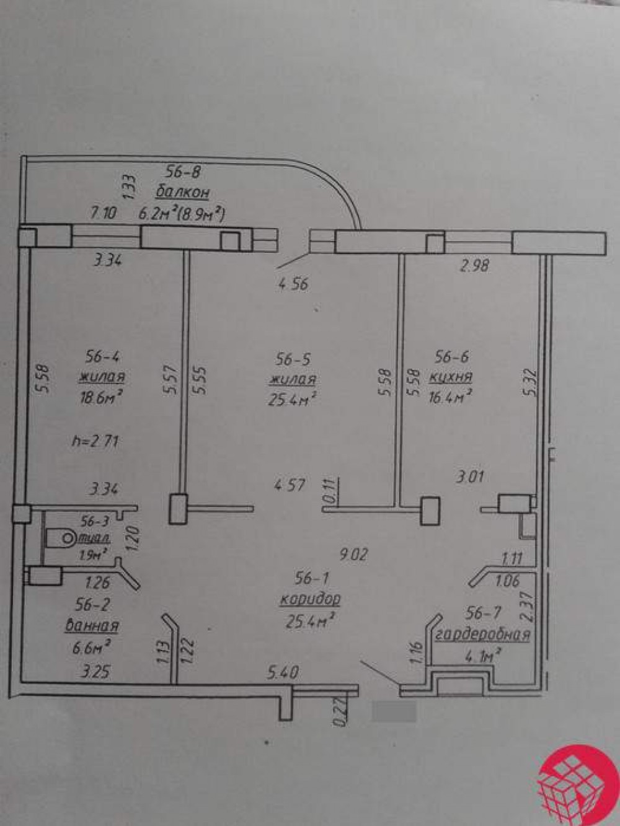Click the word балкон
pos(182,193)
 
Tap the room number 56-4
pos(102,356)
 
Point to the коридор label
pos(309,599)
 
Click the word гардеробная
pos(482,635)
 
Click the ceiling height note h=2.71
pos(95,441)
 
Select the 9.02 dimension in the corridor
pos(353,555)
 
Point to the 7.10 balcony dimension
pos(104,214)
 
